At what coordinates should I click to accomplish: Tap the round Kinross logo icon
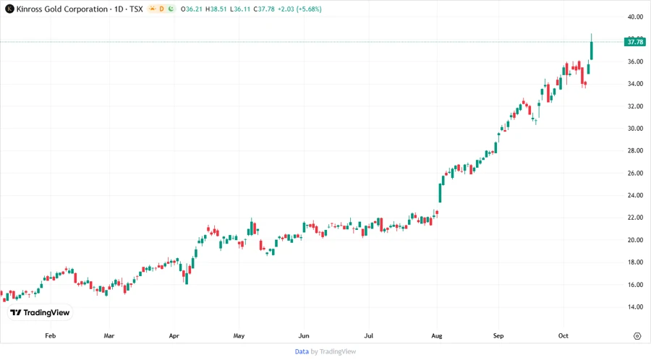9,9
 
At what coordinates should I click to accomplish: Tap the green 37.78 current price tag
635,42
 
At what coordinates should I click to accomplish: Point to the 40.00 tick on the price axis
635,17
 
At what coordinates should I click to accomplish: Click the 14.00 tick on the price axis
635,307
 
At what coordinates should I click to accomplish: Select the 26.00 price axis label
635,173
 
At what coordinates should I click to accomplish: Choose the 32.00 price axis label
635,106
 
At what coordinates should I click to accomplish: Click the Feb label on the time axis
50,336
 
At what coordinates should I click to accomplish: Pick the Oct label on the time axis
563,336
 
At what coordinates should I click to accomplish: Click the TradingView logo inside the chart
40,313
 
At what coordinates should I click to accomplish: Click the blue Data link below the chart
302,351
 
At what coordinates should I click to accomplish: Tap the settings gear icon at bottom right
637,336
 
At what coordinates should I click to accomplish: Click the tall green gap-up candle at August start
440,192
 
